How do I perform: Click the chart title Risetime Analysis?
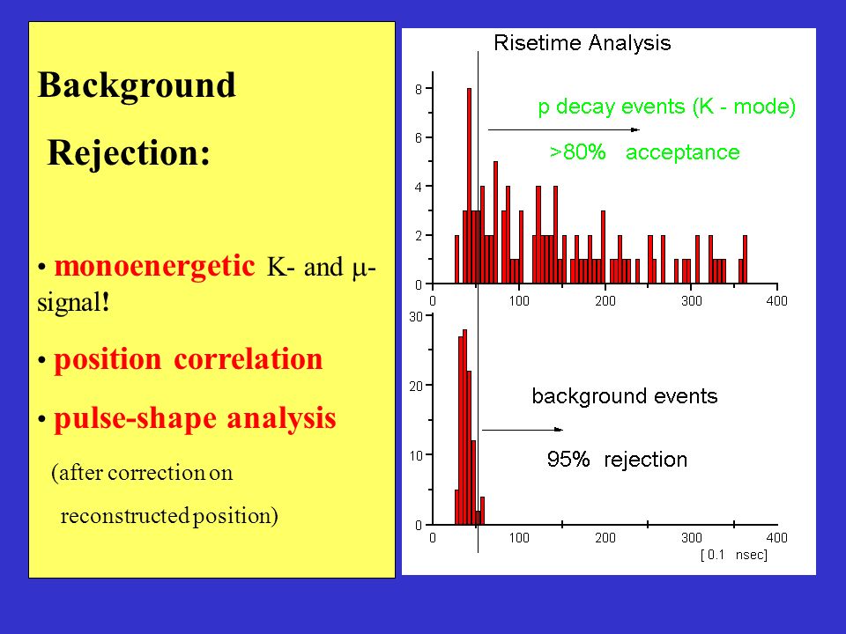coord(583,43)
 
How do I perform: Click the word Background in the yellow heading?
coord(137,85)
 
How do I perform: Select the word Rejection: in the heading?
coord(129,152)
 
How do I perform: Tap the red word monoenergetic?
coord(154,266)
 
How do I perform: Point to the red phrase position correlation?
coord(189,359)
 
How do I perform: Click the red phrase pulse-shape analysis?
coord(195,418)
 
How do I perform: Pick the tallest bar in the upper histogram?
coord(469,186)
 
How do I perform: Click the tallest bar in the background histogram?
coord(464,427)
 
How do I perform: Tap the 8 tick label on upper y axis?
coord(419,89)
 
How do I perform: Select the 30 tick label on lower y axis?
coord(416,316)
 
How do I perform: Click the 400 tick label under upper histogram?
coord(776,301)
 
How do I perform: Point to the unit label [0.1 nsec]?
coord(734,555)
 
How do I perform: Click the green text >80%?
coord(577,152)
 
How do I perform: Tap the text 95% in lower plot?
coord(568,460)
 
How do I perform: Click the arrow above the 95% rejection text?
coord(523,430)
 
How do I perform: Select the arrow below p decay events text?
coord(564,130)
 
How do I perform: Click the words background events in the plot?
coord(625,396)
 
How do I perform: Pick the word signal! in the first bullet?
coord(73,301)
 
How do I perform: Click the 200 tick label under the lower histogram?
coord(605,538)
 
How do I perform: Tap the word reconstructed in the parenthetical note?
coord(125,516)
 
